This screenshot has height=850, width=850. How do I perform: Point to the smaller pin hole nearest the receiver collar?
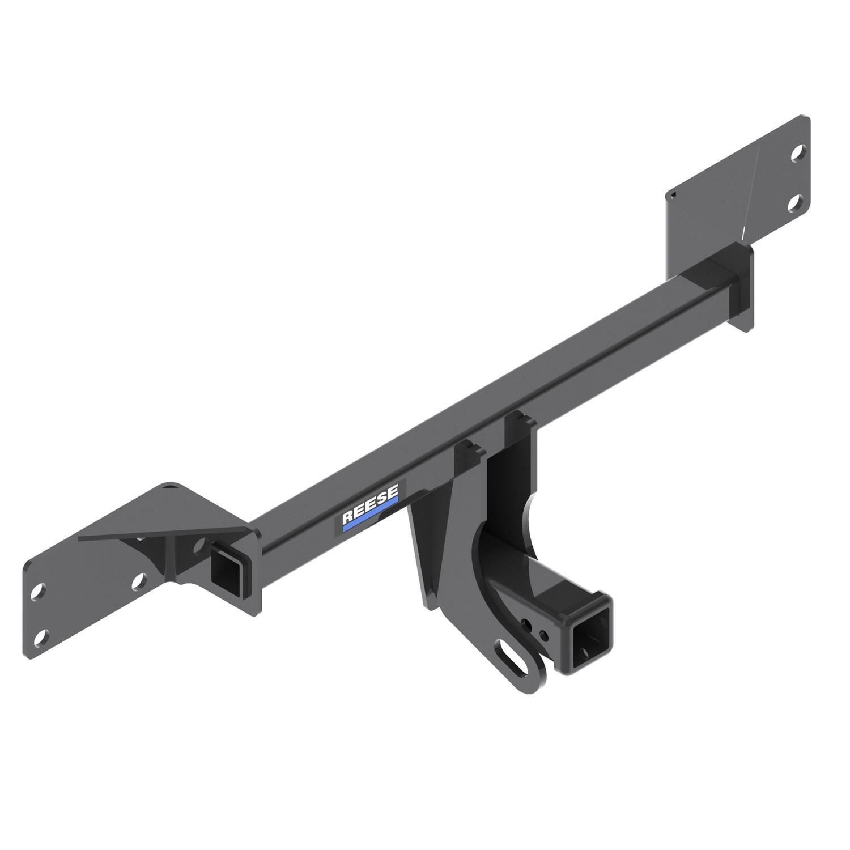click(544, 634)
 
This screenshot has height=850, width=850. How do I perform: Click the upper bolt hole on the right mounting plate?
click(797, 152)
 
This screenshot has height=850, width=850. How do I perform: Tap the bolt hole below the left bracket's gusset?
click(137, 581)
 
